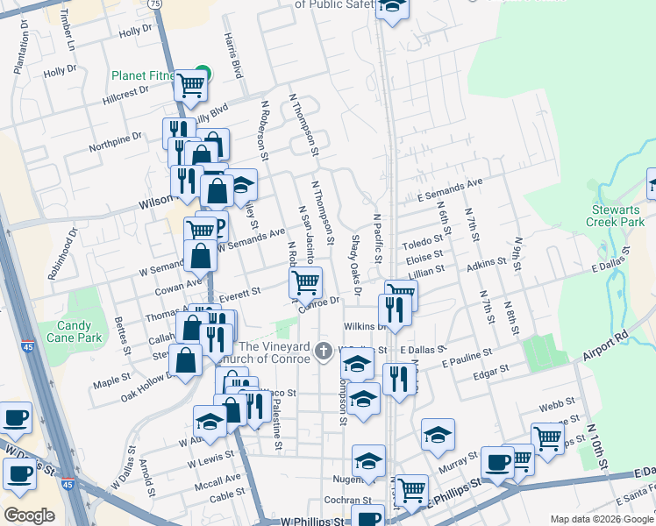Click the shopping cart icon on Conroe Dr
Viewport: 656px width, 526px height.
[305, 282]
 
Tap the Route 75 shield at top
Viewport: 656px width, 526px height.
[154, 4]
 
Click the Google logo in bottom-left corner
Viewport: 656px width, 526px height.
[29, 515]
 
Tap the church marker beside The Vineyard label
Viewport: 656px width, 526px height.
[324, 351]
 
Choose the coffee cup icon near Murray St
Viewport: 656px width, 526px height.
[497, 461]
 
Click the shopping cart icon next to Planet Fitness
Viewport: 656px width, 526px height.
[189, 85]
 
